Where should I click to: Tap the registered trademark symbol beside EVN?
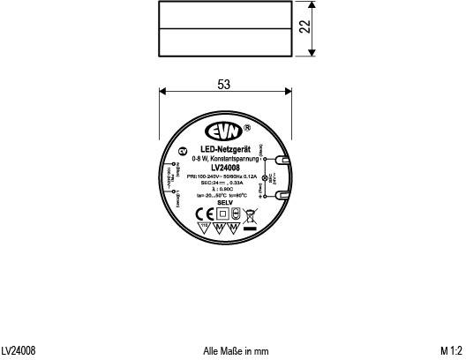249,125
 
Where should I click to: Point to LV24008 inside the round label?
227,169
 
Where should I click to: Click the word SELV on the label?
224,202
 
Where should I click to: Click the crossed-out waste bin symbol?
249,214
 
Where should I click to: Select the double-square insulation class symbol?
222,213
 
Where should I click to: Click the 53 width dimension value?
224,85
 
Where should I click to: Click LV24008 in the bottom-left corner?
19,351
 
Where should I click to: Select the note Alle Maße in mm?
236,351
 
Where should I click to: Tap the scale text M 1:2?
451,351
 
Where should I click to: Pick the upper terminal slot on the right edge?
280,161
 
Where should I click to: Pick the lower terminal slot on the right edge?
280,199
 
